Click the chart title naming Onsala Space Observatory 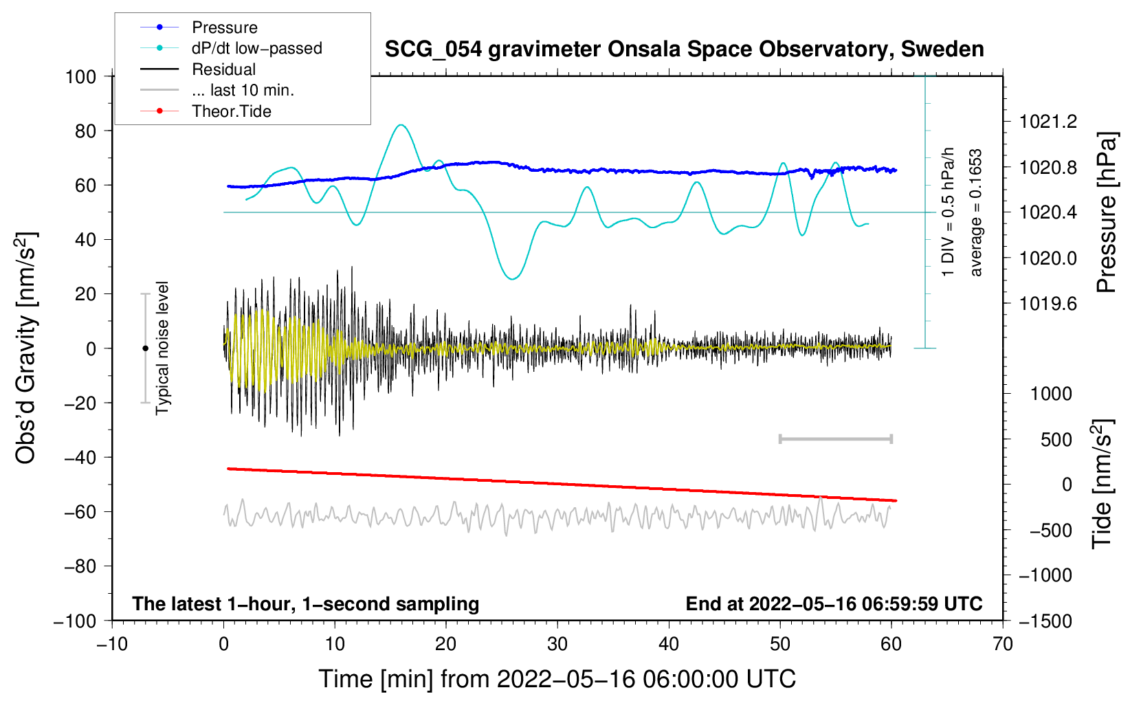coord(684,49)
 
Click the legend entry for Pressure coord(224,27)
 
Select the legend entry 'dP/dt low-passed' coord(256,48)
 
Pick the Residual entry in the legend coord(223,69)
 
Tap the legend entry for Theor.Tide coord(231,111)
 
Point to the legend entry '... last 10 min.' coord(243,90)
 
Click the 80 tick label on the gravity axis coord(85,131)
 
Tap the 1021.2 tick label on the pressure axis coord(1048,122)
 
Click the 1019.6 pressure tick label coord(1048,304)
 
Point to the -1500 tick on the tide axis coord(1045,621)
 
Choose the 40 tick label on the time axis coord(669,644)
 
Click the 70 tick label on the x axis coord(1003,644)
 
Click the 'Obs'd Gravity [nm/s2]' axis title coord(26,348)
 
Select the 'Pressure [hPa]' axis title coord(1106,212)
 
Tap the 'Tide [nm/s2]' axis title coord(1102,484)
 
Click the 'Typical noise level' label coord(162,348)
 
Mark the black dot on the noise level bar coord(145,348)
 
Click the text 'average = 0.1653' coord(975,212)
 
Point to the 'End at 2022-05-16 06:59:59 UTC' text coord(834,603)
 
